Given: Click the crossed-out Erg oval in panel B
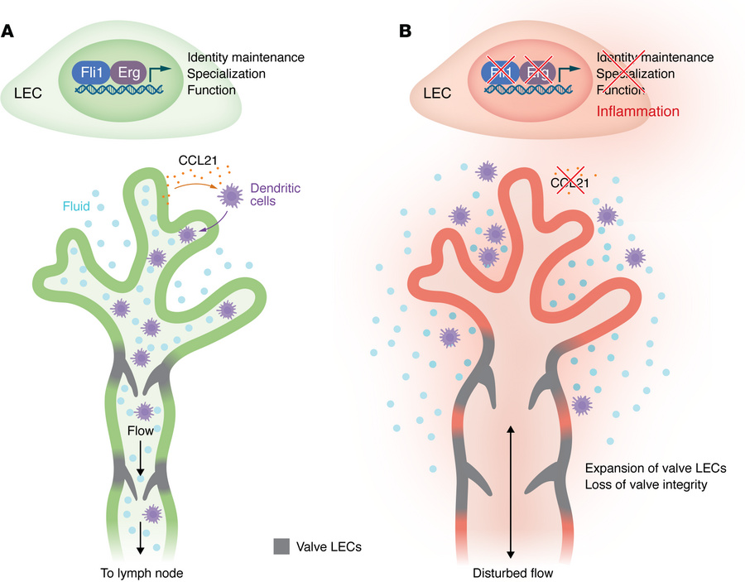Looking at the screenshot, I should pyautogui.click(x=538, y=71).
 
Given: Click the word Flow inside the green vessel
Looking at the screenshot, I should pyautogui.click(x=142, y=430).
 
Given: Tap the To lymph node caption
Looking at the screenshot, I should pyautogui.click(x=142, y=570).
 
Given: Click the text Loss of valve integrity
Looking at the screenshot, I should pyautogui.click(x=646, y=484).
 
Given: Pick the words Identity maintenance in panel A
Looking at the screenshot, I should pyautogui.click(x=246, y=57).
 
